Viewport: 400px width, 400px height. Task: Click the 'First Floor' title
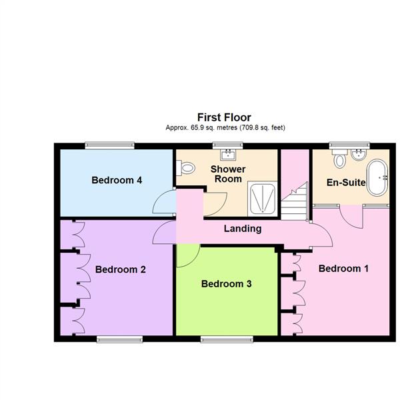click(x=224, y=117)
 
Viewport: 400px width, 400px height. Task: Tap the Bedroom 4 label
click(x=117, y=180)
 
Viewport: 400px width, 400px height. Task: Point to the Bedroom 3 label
click(x=227, y=283)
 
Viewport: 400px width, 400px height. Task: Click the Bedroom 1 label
click(x=343, y=269)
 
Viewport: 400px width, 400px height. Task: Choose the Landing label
click(x=242, y=229)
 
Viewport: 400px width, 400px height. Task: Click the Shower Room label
click(x=228, y=174)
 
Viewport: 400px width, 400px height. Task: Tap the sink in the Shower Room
click(x=229, y=155)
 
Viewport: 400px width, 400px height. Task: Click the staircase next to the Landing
click(x=293, y=201)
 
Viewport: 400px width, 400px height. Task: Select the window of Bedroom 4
click(x=109, y=145)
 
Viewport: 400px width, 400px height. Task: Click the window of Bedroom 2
click(x=120, y=339)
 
